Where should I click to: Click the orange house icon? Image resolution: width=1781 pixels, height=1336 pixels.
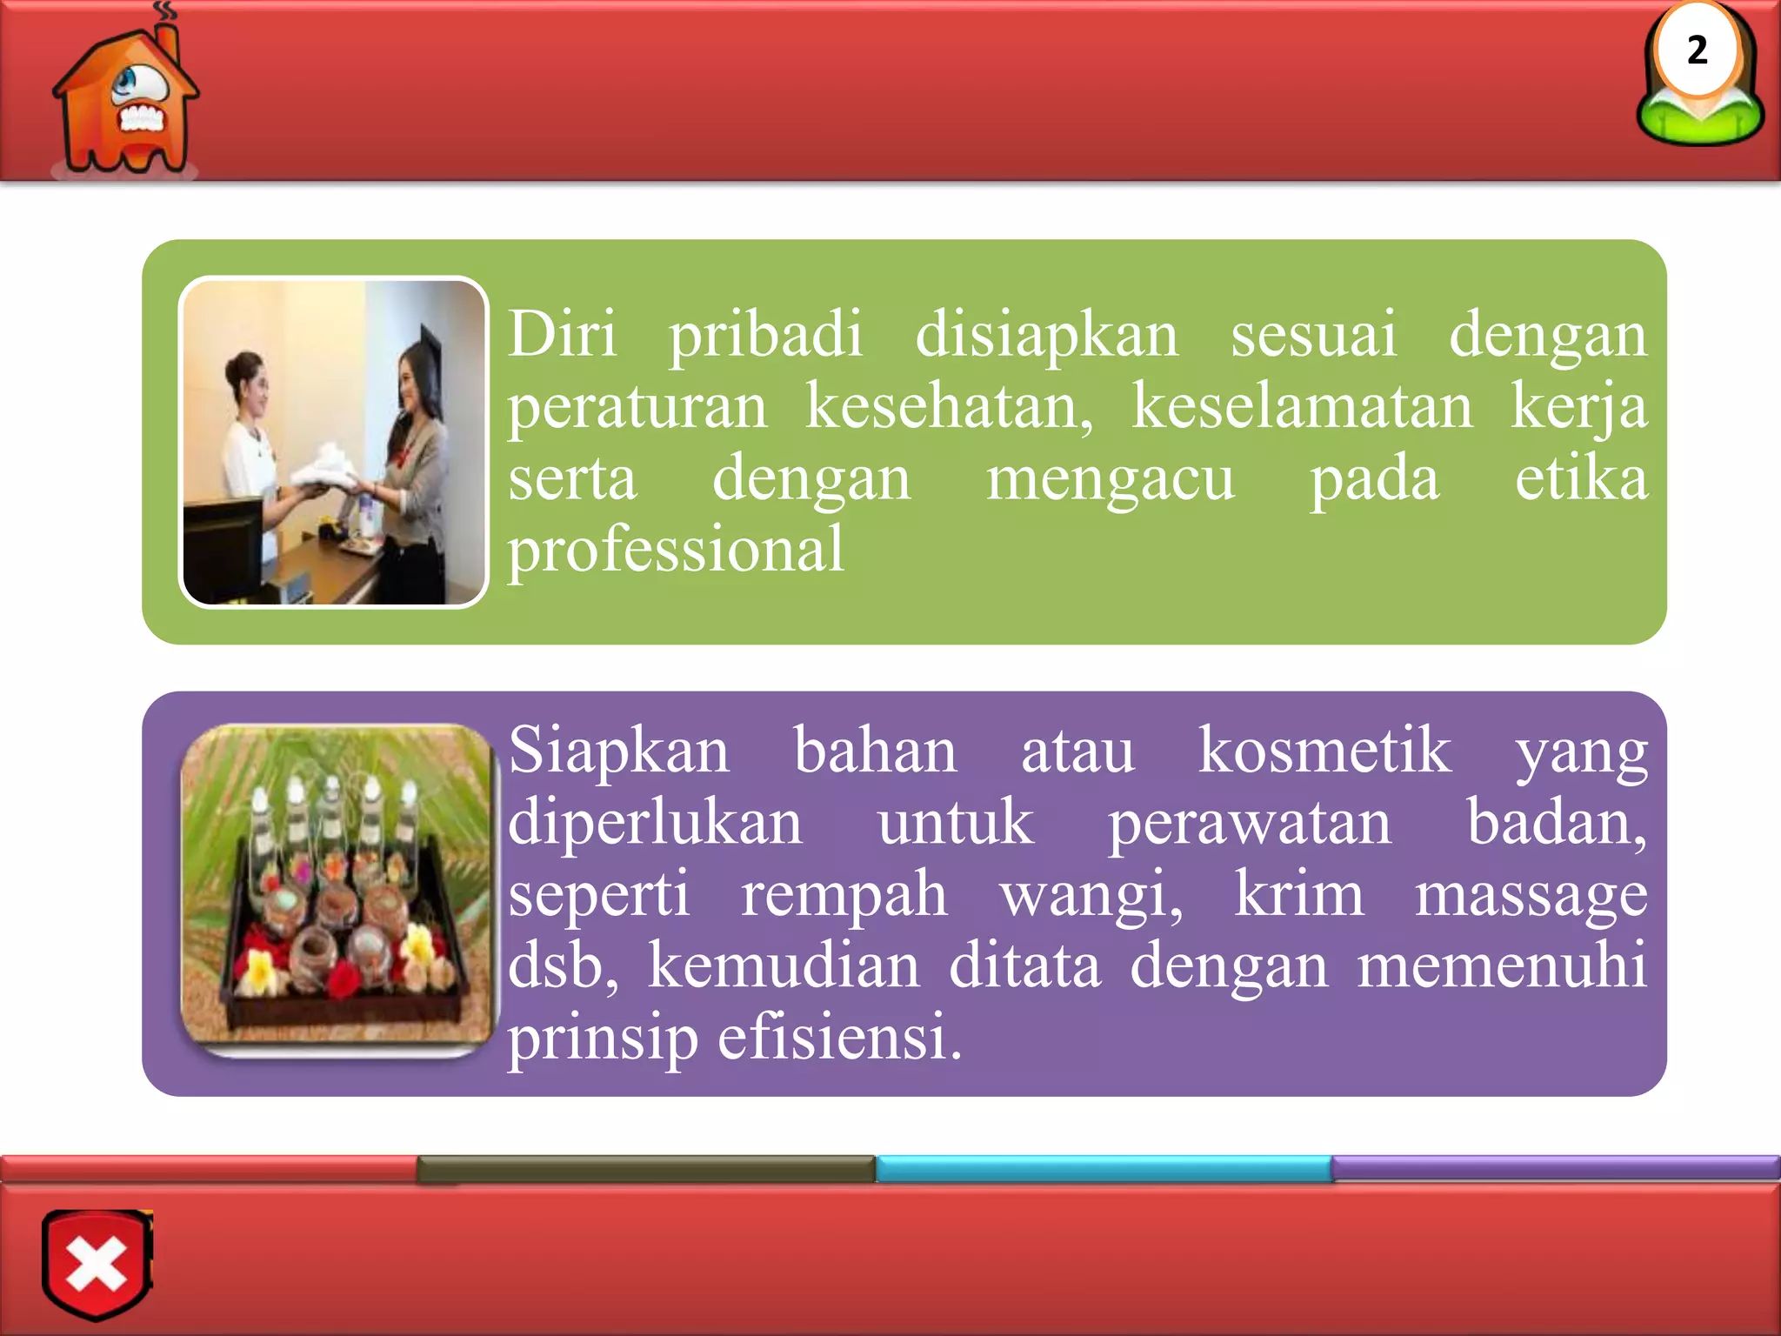124,100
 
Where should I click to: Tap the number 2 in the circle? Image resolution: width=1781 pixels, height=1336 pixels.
1697,50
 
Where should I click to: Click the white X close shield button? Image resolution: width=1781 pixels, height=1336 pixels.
97,1264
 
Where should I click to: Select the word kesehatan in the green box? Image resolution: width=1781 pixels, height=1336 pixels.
949,406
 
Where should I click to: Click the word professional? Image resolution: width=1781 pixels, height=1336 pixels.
676,550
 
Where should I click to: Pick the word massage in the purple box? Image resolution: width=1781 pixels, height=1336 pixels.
1531,894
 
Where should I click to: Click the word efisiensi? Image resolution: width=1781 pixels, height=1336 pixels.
839,1038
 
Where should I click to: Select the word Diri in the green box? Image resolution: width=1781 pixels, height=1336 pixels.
563,334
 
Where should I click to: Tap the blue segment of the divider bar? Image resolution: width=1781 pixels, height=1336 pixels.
1103,1168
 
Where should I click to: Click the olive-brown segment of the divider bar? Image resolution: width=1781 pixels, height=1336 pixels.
645,1168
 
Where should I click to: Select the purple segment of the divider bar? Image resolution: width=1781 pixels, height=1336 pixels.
1555,1166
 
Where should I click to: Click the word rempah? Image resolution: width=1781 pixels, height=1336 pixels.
844,896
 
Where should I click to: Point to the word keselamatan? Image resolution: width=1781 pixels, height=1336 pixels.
1302,406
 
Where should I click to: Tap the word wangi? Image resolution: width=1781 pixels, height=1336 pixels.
1091,896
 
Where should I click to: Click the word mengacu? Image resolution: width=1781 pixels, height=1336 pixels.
1110,480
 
